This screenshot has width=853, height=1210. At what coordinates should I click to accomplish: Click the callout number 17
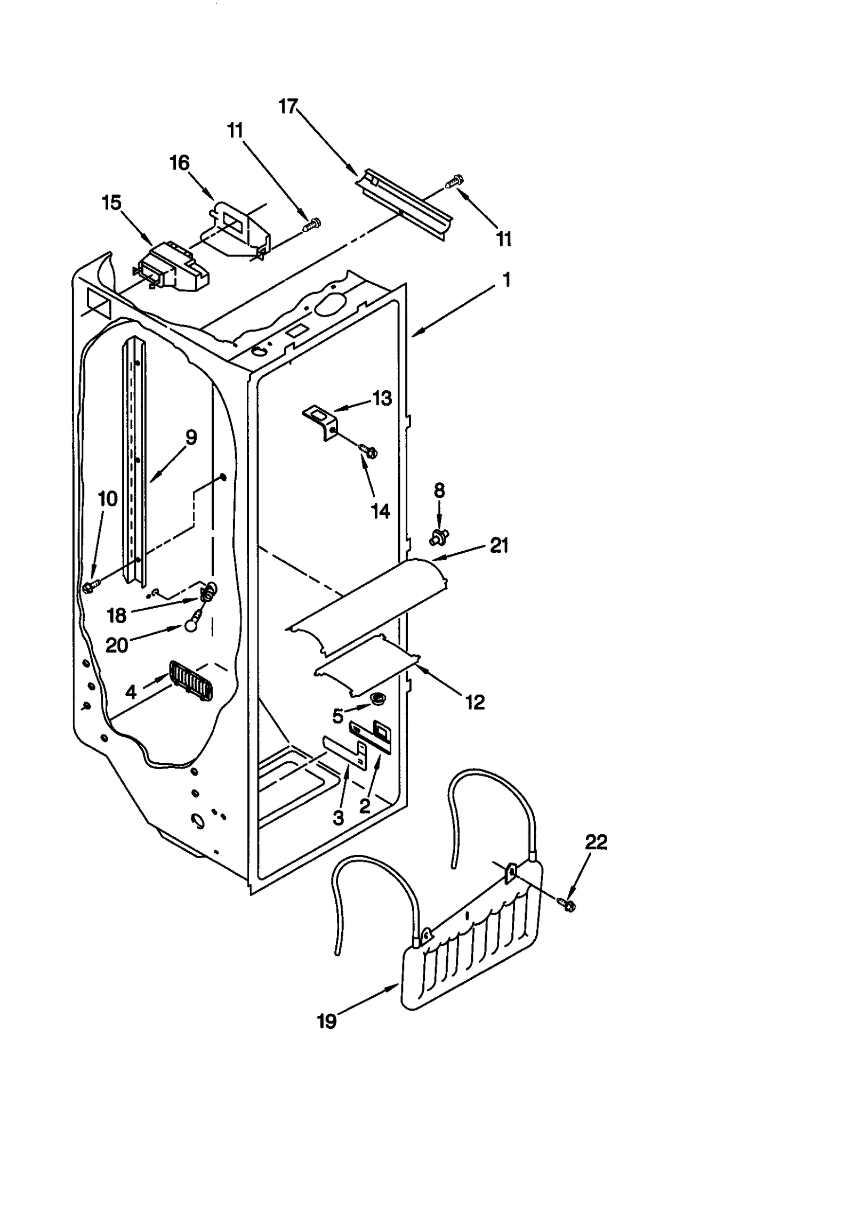click(288, 107)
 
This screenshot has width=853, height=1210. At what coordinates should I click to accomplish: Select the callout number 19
click(327, 1022)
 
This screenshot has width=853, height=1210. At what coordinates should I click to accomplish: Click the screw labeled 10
click(89, 586)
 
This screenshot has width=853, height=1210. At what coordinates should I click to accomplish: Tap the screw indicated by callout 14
click(367, 451)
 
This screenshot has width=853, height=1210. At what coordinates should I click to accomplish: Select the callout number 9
click(191, 438)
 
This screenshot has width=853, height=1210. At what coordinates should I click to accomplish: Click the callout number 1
click(506, 280)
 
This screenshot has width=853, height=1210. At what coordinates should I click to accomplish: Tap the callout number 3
click(339, 818)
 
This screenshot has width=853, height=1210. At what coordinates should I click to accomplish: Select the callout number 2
click(365, 806)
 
